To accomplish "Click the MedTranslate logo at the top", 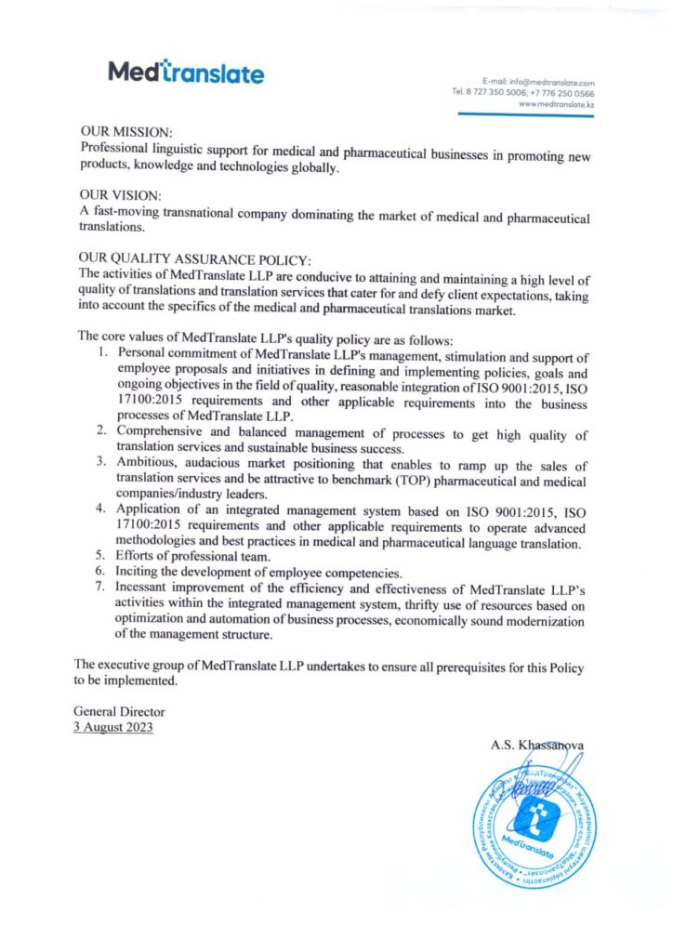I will pyautogui.click(x=186, y=72).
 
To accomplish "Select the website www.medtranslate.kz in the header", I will pyautogui.click(x=557, y=105).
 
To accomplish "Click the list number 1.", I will pyautogui.click(x=103, y=353).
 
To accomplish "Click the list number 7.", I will pyautogui.click(x=103, y=588).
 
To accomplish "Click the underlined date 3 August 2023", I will pyautogui.click(x=113, y=727).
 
